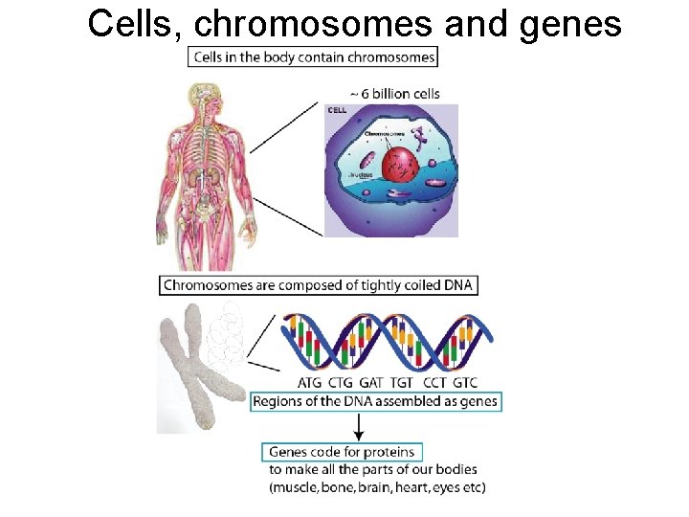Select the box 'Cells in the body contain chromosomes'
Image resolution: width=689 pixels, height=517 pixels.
coord(314,56)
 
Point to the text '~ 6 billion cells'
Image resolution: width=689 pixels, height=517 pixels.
coord(394,94)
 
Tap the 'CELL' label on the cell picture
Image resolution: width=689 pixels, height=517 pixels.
coord(338,111)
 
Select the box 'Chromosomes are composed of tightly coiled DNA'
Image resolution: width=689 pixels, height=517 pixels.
coord(317,284)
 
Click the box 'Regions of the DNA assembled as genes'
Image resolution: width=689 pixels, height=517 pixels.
coord(374,401)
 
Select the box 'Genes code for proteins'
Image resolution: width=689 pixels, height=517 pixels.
coord(342,451)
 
